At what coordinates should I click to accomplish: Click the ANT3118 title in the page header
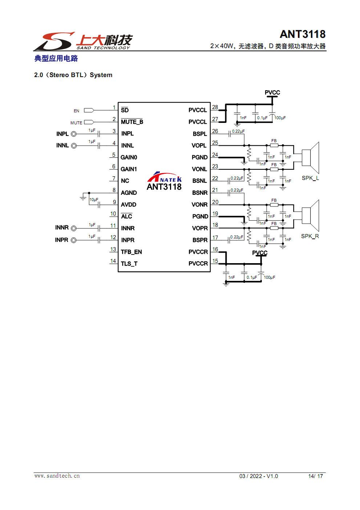[302, 34]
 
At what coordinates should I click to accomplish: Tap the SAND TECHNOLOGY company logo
[84, 41]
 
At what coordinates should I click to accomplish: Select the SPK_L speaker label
[310, 178]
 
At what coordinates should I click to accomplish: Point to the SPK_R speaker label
[310, 236]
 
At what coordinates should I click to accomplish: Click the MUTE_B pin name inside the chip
[132, 122]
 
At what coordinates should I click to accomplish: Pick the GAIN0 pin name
[129, 157]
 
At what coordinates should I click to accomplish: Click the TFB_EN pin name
[131, 252]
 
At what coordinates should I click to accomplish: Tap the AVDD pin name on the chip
[128, 205]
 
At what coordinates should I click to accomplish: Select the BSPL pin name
[200, 134]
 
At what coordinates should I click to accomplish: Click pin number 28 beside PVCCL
[215, 107]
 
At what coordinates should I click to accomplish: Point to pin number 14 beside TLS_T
[113, 261]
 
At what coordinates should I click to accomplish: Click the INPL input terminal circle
[74, 134]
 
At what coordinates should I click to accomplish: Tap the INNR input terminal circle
[74, 228]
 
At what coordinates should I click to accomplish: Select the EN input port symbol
[89, 110]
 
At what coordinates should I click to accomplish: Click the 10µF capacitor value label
[94, 200]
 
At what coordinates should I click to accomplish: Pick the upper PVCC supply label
[272, 93]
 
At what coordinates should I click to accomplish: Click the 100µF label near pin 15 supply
[269, 277]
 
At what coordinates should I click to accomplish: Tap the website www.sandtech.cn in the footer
[57, 476]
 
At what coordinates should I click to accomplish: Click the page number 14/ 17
[315, 476]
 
